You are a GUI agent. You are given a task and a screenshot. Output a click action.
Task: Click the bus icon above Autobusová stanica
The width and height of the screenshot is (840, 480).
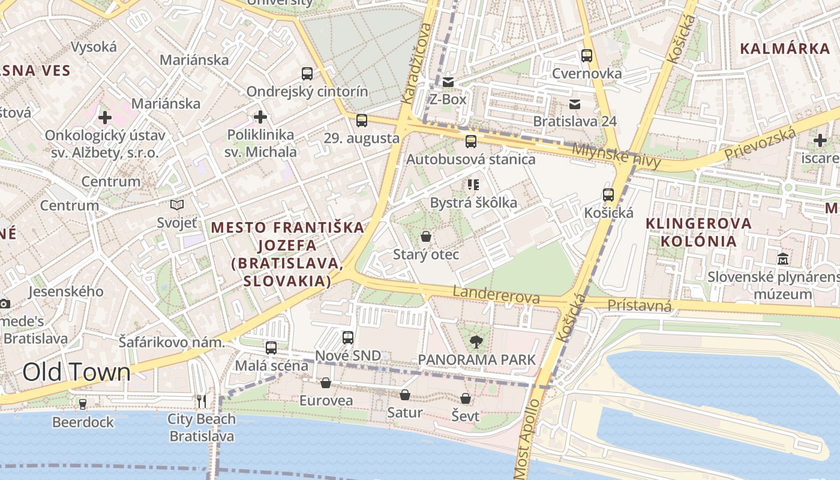[x=471, y=142]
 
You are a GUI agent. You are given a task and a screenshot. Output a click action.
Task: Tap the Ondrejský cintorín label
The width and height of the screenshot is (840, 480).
[x=308, y=92]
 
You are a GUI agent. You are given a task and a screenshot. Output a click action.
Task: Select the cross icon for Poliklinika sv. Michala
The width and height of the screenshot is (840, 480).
[x=260, y=116]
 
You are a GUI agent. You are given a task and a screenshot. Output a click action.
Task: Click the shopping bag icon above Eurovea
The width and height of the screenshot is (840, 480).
[x=326, y=383]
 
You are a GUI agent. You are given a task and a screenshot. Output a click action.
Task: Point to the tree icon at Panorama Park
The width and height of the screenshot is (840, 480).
[x=476, y=342]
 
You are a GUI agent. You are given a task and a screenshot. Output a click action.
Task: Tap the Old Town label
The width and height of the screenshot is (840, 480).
[x=76, y=373]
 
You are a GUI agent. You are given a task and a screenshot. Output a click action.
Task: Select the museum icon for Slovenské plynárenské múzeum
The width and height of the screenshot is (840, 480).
[x=783, y=259]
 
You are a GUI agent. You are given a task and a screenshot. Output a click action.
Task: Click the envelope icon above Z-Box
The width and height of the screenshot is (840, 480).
[x=448, y=82]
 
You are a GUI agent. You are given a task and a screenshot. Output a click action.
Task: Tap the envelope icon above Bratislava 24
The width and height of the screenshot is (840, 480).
[x=575, y=104]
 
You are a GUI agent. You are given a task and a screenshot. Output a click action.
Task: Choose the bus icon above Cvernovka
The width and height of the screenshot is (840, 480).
[x=587, y=56]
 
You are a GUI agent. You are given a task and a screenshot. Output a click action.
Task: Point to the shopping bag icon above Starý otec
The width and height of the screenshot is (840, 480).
[x=425, y=236]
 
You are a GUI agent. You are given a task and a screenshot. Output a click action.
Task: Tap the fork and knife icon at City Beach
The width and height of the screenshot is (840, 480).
[x=202, y=401]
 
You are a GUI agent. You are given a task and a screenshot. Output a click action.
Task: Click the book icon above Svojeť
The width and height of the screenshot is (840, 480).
[x=177, y=205]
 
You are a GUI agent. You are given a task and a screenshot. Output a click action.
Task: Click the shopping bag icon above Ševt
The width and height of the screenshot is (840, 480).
[x=466, y=398]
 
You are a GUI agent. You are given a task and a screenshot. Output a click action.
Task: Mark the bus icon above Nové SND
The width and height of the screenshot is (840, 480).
[x=348, y=338]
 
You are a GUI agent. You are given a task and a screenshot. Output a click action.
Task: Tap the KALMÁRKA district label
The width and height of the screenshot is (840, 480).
[x=785, y=49]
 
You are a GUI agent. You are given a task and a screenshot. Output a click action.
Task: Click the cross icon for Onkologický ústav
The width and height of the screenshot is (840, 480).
[x=105, y=117]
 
